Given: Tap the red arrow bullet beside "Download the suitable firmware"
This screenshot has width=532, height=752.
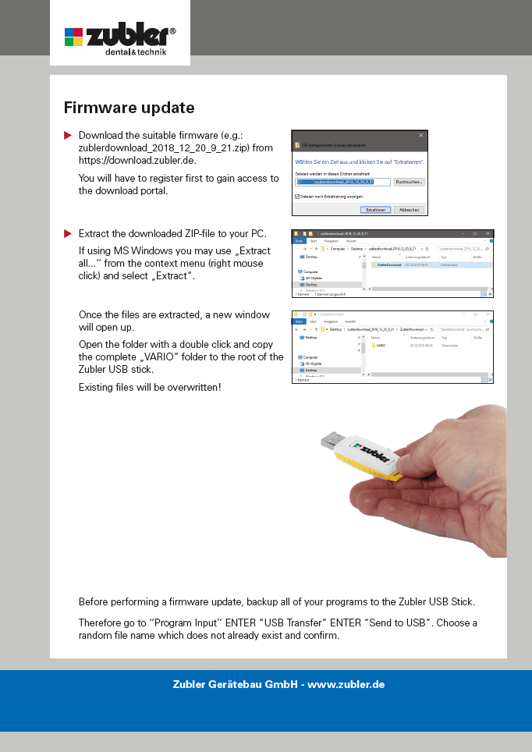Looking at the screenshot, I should [x=68, y=136].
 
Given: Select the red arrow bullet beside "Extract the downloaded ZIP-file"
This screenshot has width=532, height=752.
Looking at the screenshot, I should [x=68, y=233].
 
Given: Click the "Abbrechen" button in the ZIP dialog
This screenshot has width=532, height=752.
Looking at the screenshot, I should [x=409, y=210].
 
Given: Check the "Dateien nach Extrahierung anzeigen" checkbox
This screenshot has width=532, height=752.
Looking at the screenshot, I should [x=298, y=197].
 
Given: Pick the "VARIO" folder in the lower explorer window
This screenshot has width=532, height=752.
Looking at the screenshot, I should [x=380, y=345].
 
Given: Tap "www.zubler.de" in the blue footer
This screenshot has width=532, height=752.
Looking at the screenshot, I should [x=349, y=684].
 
